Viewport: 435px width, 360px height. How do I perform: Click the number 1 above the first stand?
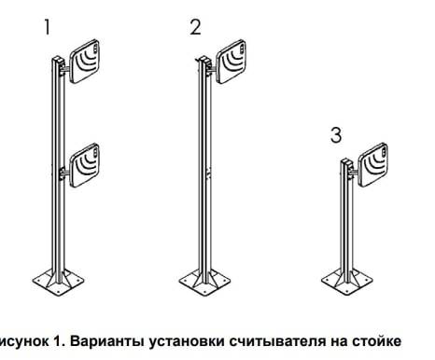click(x=48, y=27)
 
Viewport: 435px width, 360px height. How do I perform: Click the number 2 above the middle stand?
click(x=195, y=27)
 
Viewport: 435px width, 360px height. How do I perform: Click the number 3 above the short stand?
click(x=336, y=135)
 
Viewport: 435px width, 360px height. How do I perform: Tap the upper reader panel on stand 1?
click(x=85, y=62)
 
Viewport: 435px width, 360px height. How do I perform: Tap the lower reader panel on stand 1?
click(x=85, y=165)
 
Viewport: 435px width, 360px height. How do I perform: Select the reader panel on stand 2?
click(x=232, y=62)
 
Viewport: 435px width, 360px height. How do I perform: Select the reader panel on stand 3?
click(x=372, y=165)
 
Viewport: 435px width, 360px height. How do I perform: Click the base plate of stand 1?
click(x=59, y=283)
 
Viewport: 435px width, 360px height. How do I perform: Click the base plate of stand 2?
click(x=205, y=283)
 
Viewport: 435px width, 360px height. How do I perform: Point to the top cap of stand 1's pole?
click(x=58, y=59)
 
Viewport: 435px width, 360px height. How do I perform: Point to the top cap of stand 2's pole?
click(x=204, y=59)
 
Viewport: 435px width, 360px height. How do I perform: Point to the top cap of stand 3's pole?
click(x=346, y=161)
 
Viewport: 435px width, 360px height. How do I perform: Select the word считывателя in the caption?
click(x=277, y=341)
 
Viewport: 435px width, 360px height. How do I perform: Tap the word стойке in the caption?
click(x=376, y=341)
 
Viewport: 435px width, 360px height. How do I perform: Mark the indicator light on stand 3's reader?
click(x=384, y=152)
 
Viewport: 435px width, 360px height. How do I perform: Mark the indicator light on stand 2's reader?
click(x=243, y=48)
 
